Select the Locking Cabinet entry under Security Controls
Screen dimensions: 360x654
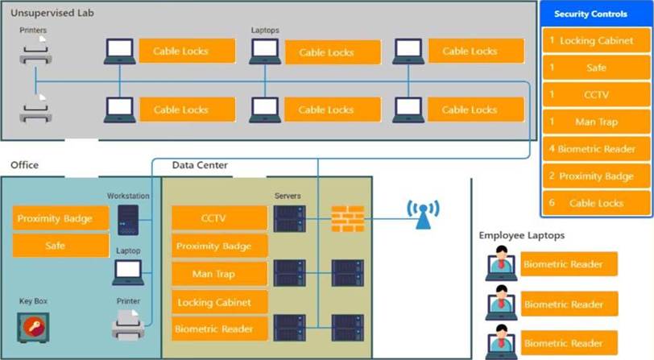(596, 40)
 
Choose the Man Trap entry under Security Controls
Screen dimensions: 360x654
(596, 122)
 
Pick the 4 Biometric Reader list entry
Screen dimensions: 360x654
(596, 149)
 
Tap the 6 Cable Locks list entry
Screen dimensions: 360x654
(596, 203)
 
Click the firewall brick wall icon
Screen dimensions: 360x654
(348, 218)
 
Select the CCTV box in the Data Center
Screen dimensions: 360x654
(219, 217)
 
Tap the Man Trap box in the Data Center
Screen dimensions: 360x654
(219, 274)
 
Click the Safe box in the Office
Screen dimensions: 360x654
(60, 246)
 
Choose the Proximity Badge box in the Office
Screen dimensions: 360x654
(60, 218)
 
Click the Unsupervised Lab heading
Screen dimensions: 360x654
(47, 14)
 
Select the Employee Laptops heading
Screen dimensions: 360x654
(520, 235)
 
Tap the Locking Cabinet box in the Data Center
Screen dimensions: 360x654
(219, 302)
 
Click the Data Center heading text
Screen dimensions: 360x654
(200, 166)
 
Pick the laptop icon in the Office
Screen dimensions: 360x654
(128, 272)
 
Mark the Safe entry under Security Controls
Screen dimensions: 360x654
(596, 68)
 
